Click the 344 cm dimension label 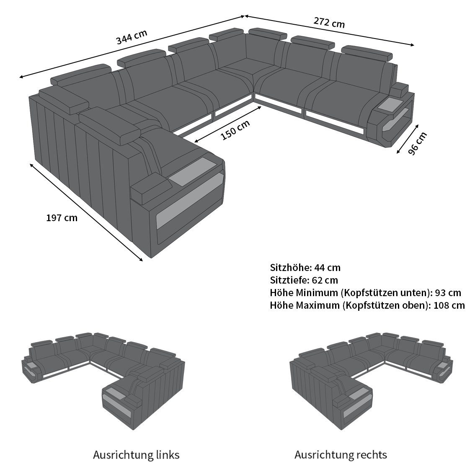pos(132,37)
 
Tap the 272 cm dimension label pos(329,22)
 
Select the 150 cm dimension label pos(236,130)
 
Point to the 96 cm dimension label pos(418,143)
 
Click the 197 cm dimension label pos(62,218)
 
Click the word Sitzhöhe pos(290,268)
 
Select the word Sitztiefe pos(289,280)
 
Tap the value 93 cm pos(448,293)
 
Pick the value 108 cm pos(449,305)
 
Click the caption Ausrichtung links pos(136,454)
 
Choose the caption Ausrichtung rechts pos(341,454)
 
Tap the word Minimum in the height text pos(317,293)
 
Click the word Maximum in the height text pos(318,305)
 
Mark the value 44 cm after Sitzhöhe pos(328,268)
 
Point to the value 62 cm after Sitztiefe pos(325,280)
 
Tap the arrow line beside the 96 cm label pos(408,139)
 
